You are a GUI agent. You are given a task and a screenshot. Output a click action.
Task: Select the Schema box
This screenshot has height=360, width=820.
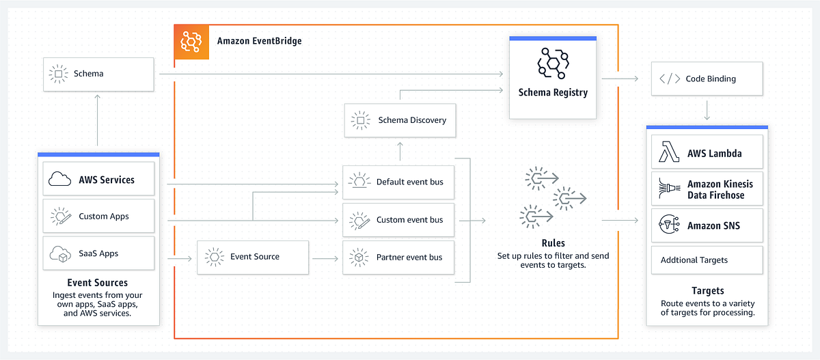[98, 74]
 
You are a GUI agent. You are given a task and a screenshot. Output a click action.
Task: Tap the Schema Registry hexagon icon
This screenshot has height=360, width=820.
[553, 64]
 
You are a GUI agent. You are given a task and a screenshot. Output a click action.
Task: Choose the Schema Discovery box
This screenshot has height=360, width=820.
[398, 120]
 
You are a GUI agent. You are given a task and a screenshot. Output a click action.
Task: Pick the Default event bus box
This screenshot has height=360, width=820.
[398, 182]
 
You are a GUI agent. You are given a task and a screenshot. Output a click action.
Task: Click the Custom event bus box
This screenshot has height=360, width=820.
[398, 220]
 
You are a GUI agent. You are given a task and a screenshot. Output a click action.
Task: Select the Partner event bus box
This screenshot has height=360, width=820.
[398, 258]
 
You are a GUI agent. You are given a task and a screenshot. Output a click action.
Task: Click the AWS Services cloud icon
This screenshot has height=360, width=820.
[60, 180]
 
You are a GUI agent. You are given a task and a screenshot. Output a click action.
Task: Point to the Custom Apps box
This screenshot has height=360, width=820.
[98, 217]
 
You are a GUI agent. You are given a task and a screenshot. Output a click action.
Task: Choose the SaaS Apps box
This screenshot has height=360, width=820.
[98, 253]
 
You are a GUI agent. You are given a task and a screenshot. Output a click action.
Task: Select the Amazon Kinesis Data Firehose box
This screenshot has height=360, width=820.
[707, 190]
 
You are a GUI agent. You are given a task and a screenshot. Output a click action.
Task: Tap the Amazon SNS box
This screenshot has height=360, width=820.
[707, 226]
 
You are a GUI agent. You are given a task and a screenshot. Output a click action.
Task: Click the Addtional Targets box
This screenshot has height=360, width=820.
[707, 260]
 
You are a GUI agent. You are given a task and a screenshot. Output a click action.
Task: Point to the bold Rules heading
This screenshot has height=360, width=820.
[553, 243]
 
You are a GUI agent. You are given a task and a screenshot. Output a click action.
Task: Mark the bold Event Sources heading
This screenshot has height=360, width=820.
[98, 283]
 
